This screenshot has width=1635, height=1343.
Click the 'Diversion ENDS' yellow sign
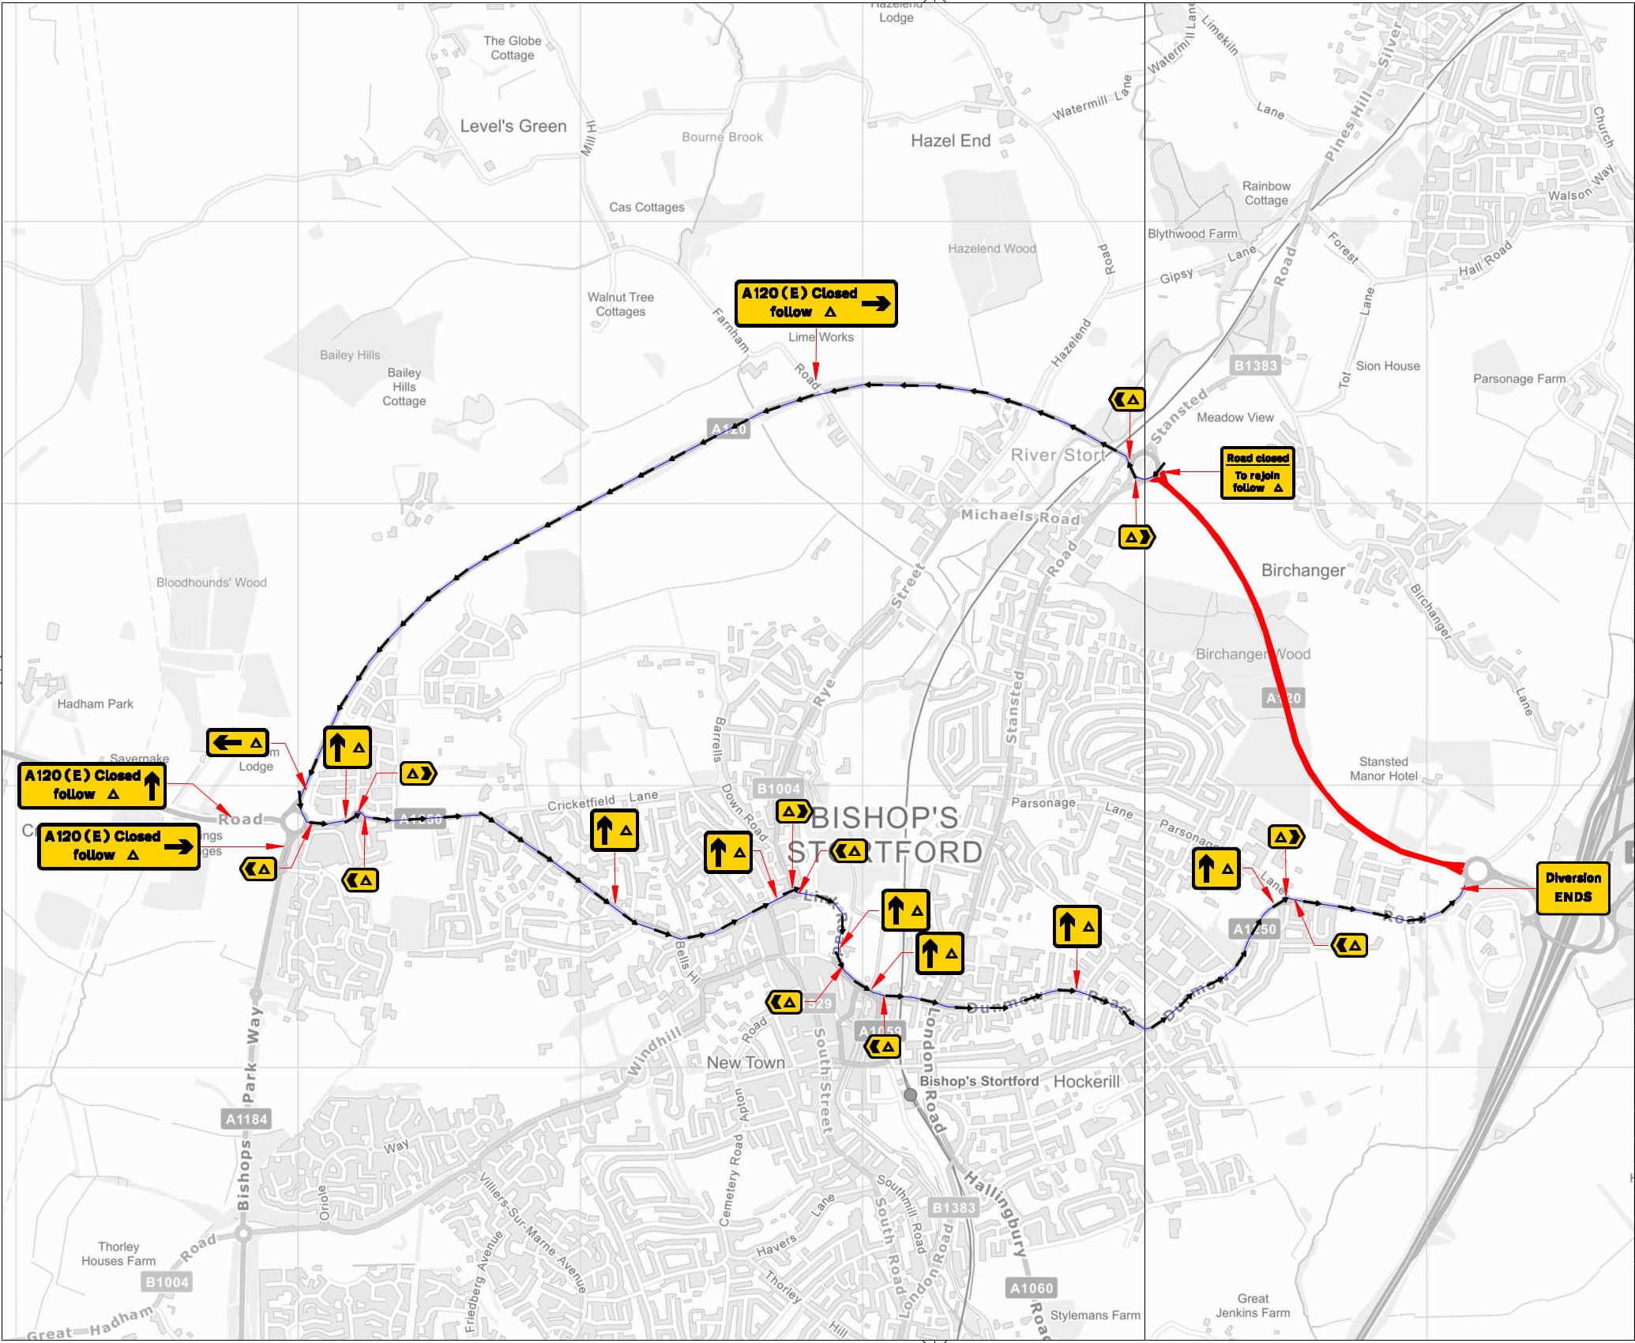[1572, 887]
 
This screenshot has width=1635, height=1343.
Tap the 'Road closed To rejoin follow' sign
[1257, 473]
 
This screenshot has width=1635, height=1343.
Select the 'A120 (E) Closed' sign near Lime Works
[815, 303]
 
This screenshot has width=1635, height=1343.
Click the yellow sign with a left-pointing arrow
[237, 742]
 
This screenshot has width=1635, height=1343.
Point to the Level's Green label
[513, 126]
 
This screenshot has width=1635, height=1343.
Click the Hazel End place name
[950, 141]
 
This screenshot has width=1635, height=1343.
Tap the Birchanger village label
[1302, 570]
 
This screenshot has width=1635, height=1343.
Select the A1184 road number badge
[246, 1118]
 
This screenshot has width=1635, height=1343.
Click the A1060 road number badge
[1032, 1288]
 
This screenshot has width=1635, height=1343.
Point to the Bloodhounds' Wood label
[211, 583]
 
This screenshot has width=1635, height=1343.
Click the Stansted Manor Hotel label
[1383, 768]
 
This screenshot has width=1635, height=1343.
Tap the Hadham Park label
[95, 703]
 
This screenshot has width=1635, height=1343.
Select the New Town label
[746, 1063]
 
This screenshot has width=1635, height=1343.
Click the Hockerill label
[1086, 1081]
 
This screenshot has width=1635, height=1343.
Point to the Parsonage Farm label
[1518, 379]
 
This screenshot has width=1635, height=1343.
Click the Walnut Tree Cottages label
[620, 304]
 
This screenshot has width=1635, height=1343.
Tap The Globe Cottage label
[512, 48]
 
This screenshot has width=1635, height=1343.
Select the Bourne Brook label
[722, 137]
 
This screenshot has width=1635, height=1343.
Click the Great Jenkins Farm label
[1252, 1305]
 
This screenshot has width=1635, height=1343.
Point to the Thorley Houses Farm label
[118, 1253]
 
